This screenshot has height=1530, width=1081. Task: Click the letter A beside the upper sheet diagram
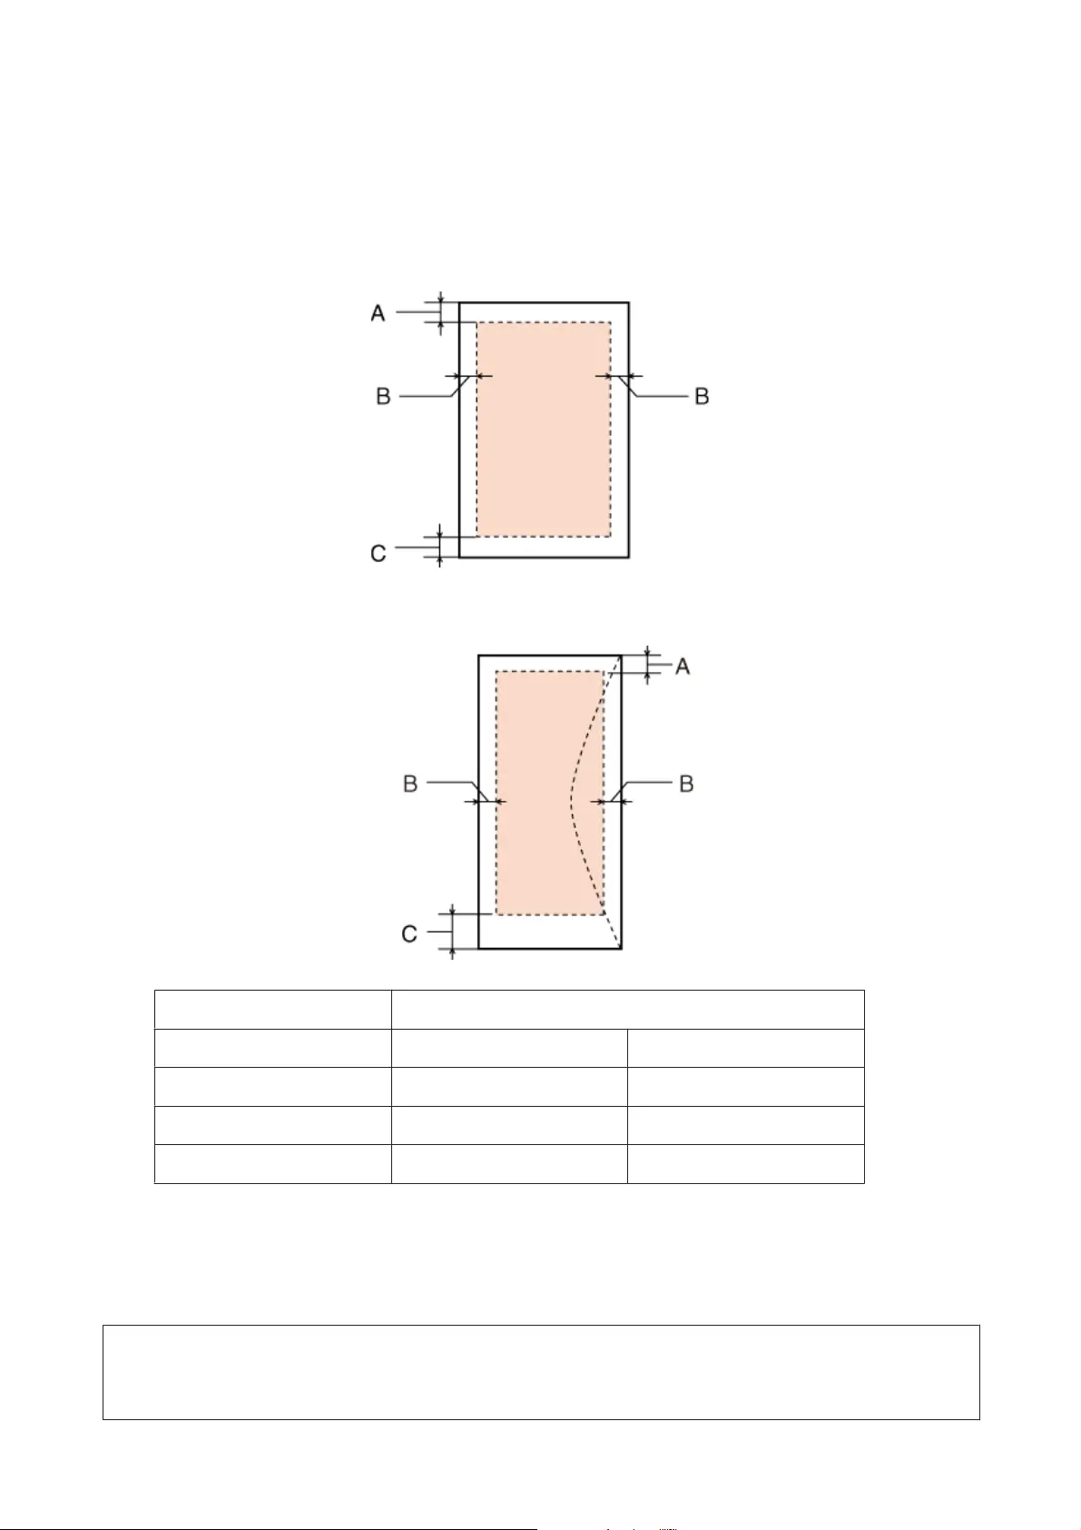[378, 313]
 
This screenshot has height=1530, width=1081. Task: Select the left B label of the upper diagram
[383, 396]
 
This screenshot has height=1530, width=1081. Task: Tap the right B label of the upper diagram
[702, 396]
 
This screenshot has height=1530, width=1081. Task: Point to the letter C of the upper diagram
[378, 553]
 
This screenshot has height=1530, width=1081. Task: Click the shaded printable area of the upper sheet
[543, 429]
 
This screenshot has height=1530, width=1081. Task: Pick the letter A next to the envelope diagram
[683, 666]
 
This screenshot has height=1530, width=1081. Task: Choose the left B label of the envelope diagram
[409, 784]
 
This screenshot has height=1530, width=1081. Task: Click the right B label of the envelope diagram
[686, 784]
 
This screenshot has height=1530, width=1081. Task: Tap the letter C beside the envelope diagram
[409, 933]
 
